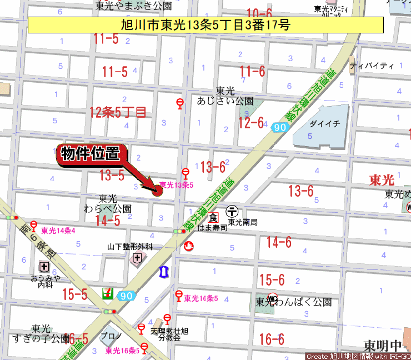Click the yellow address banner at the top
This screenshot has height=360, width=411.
point(205,24)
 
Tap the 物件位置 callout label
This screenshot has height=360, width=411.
point(91,154)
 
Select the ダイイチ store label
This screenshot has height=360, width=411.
point(325,124)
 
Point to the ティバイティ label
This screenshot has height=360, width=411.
point(372,66)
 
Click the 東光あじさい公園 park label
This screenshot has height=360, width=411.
point(225,96)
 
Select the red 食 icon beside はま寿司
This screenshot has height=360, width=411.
point(213,217)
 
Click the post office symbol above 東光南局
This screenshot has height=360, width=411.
point(233,211)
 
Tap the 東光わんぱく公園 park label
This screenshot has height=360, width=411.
point(294,302)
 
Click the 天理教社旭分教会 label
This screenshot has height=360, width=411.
point(169,334)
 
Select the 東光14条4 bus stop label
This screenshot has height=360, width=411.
point(58,230)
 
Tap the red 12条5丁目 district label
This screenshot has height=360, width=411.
point(118,112)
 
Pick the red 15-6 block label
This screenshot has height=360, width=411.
point(272,279)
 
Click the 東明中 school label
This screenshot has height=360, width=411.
point(383,344)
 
